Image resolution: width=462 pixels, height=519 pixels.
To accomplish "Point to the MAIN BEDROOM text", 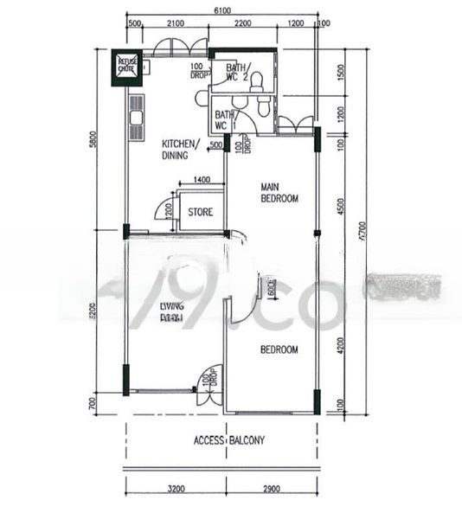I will [279, 192].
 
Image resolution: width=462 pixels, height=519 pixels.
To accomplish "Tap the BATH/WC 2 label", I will [235, 73].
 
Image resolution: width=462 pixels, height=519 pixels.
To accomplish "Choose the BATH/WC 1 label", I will [223, 120].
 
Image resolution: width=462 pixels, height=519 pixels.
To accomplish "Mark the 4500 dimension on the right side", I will [341, 206].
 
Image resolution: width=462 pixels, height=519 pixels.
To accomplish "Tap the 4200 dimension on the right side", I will [341, 345].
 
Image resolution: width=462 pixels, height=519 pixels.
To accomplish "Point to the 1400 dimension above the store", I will [201, 179].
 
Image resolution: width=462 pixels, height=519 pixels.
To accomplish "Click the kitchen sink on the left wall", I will [136, 115].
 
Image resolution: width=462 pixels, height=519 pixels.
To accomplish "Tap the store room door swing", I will [162, 209].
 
